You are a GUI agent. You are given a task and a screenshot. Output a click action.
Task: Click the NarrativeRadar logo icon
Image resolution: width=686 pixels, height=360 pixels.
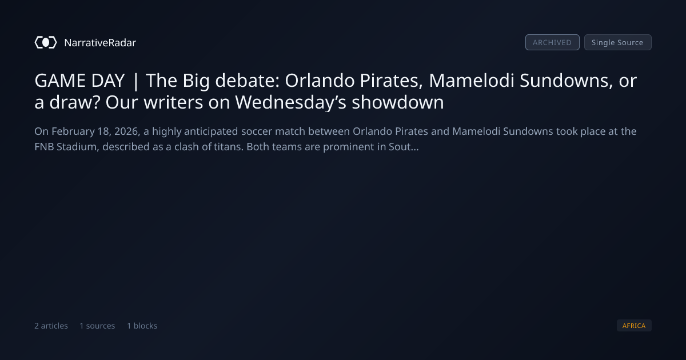pyautogui.click(x=46, y=42)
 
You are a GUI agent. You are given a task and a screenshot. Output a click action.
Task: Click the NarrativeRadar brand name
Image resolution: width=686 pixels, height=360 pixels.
pyautogui.click(x=100, y=42)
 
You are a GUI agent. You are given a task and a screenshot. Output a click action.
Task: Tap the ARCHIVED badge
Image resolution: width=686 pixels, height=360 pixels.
pyautogui.click(x=552, y=42)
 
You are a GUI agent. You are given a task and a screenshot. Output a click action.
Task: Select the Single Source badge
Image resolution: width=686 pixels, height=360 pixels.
pyautogui.click(x=618, y=42)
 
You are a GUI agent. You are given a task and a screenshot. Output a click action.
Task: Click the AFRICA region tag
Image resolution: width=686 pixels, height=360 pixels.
pyautogui.click(x=634, y=325)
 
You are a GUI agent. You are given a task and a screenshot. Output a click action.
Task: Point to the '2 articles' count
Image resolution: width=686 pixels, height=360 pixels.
pyautogui.click(x=51, y=326)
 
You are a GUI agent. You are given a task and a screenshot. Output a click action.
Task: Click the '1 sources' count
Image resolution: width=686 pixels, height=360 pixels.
pyautogui.click(x=97, y=326)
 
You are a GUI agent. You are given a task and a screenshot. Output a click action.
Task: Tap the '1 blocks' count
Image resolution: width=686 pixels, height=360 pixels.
pyautogui.click(x=142, y=326)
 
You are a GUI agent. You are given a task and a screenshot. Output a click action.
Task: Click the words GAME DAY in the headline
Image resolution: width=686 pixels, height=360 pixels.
pyautogui.click(x=79, y=81)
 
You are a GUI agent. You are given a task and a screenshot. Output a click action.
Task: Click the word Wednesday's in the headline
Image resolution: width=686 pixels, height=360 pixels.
pyautogui.click(x=290, y=102)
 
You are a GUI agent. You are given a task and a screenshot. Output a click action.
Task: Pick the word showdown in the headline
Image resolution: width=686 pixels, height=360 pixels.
pyautogui.click(x=398, y=102)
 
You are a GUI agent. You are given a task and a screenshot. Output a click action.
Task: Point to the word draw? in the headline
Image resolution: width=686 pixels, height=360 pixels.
pyautogui.click(x=75, y=102)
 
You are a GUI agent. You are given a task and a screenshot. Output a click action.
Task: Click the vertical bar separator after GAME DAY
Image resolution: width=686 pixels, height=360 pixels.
pyautogui.click(x=135, y=81)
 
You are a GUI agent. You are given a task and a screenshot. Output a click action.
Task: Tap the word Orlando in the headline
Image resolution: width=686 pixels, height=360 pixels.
pyautogui.click(x=320, y=81)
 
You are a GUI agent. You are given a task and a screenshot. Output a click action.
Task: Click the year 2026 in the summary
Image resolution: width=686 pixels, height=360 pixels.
pyautogui.click(x=126, y=131)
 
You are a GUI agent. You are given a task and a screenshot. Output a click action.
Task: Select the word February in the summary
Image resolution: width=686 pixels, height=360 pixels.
pyautogui.click(x=73, y=131)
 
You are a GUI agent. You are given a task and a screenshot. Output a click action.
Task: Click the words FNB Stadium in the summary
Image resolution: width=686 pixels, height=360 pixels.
pyautogui.click(x=66, y=147)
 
